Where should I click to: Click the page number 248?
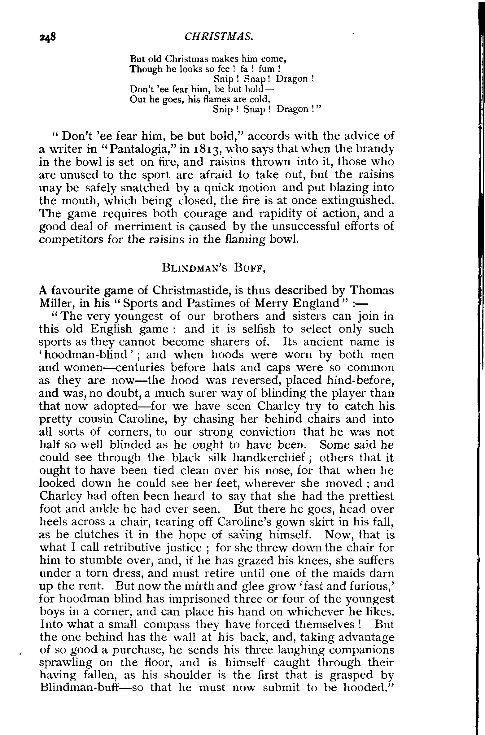coord(47,37)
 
